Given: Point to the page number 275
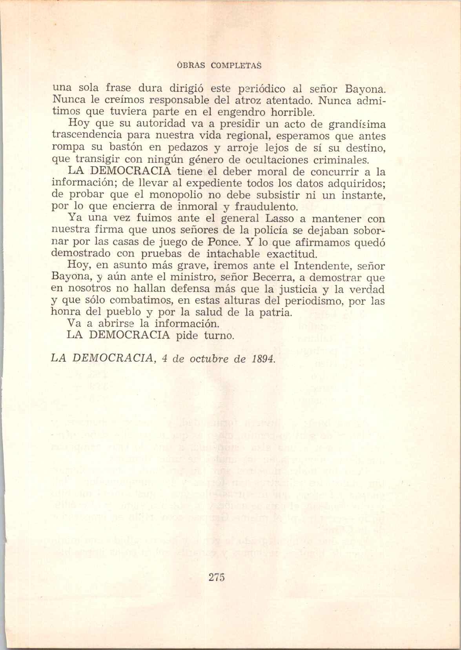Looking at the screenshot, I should tap(216, 577).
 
